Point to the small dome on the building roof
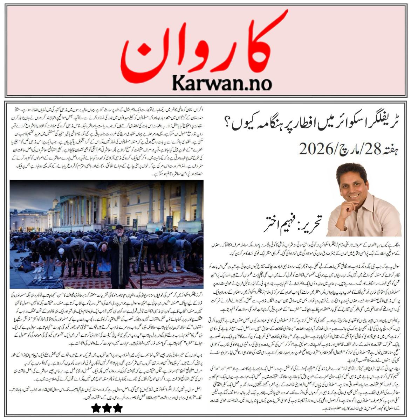[x=56, y=202]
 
